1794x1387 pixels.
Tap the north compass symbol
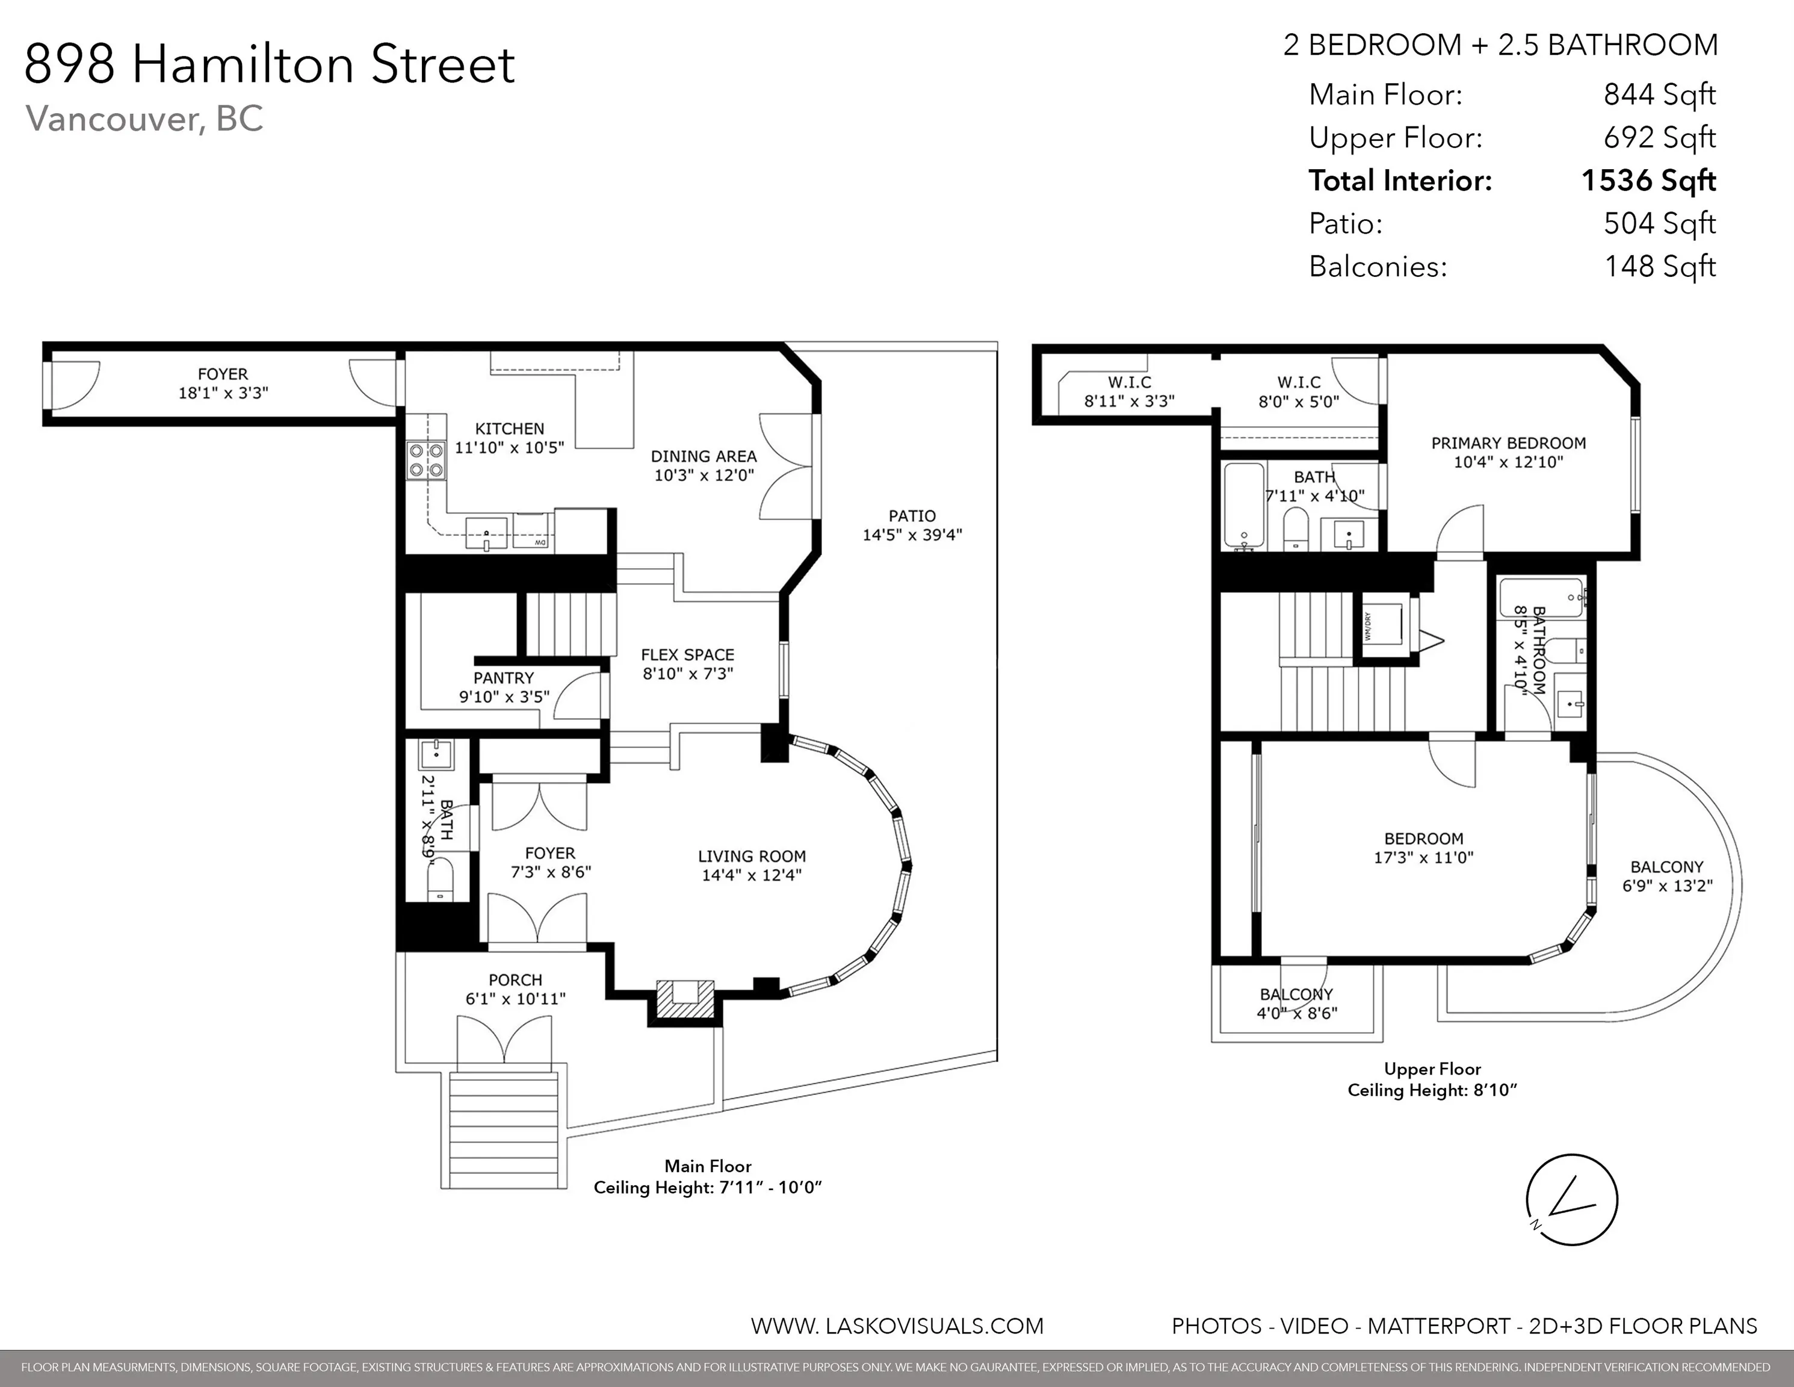(x=1571, y=1200)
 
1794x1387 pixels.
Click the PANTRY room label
(x=504, y=678)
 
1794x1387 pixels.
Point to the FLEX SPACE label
(x=687, y=655)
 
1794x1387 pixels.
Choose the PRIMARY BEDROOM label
(x=1508, y=443)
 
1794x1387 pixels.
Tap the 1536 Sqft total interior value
(x=1648, y=181)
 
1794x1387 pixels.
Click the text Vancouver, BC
(x=144, y=119)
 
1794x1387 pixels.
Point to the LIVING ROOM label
(x=752, y=856)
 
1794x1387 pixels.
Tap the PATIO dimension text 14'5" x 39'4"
(x=912, y=535)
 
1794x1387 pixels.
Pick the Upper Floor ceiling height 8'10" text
(x=1432, y=1090)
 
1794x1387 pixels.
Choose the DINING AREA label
(x=704, y=456)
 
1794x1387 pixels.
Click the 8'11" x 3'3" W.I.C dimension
(x=1130, y=401)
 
